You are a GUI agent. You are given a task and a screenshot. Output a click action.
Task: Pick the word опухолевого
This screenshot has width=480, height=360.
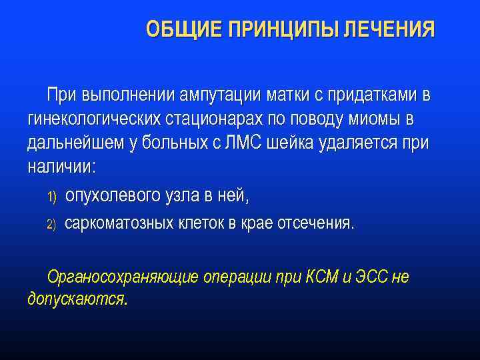click(113, 196)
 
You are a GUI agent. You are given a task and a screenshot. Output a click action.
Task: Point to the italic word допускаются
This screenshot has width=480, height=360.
click(77, 299)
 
